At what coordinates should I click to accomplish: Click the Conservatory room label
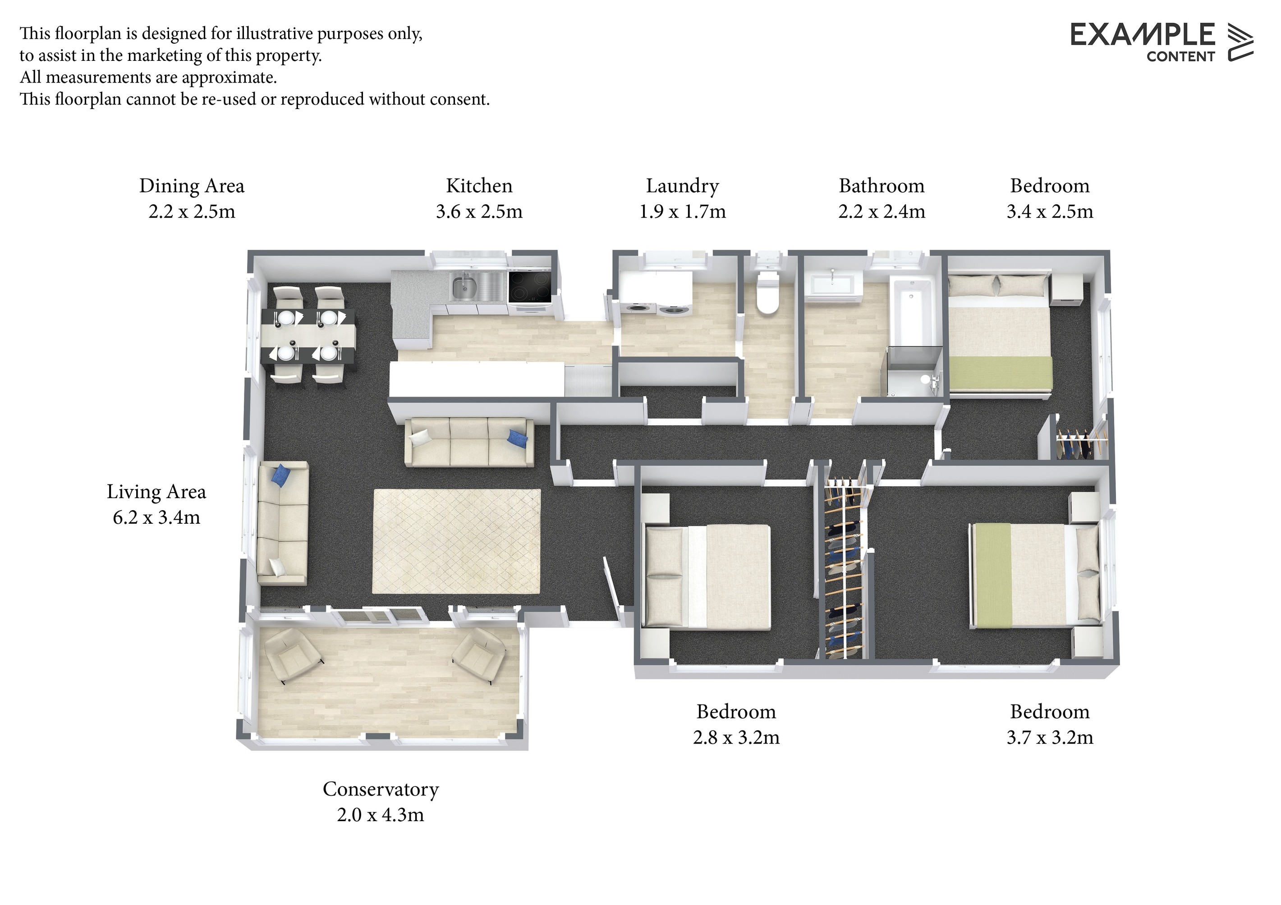(381, 789)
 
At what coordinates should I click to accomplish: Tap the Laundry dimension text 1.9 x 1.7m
(682, 211)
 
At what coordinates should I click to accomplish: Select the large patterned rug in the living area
(456, 541)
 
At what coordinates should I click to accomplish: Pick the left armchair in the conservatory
(292, 655)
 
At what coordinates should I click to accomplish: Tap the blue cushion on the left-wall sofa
(281, 475)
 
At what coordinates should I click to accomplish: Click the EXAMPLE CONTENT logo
(1162, 42)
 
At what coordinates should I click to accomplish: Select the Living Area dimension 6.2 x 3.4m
(156, 517)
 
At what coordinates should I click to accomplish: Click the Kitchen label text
(479, 186)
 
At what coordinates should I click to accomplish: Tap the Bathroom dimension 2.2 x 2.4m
(882, 211)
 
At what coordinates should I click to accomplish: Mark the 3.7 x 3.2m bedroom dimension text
(1049, 737)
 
